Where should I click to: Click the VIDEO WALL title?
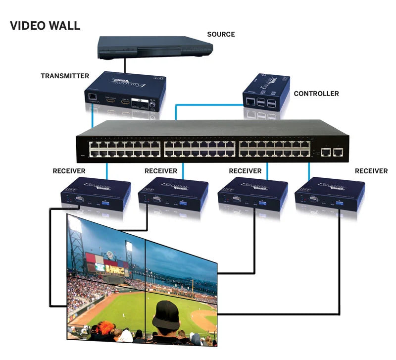point(45,26)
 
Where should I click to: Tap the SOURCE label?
point(221,34)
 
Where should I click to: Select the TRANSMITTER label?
point(65,76)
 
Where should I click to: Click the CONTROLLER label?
point(316,93)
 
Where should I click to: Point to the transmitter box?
point(124,91)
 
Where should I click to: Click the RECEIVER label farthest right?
point(371,171)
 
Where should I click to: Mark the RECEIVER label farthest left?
point(69,171)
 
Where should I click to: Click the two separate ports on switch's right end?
point(333,152)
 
